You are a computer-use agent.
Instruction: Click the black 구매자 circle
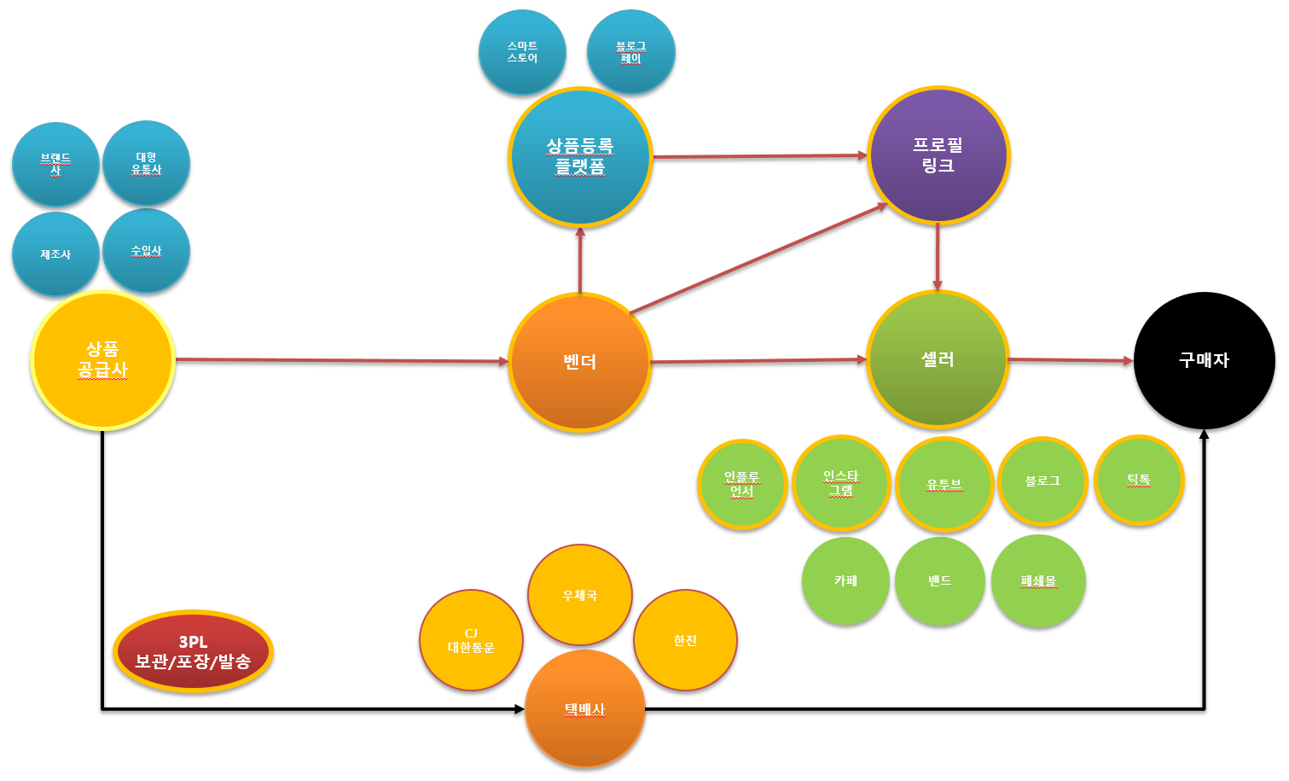tap(1204, 360)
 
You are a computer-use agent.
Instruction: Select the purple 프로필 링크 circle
tap(938, 155)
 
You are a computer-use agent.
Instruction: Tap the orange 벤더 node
tap(580, 362)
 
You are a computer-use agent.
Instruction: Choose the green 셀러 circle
tap(938, 359)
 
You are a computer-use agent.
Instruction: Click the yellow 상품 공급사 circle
tap(102, 359)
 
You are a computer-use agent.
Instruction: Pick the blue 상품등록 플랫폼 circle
tap(580, 156)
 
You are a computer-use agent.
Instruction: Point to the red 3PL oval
tap(193, 651)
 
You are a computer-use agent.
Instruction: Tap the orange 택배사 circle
tap(584, 709)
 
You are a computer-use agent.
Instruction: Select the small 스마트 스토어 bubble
tap(522, 52)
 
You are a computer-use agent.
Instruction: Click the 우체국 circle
tap(580, 595)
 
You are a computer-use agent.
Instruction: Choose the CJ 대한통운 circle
tap(471, 640)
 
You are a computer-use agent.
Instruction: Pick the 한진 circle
tap(685, 640)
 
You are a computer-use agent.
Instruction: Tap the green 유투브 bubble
tap(944, 484)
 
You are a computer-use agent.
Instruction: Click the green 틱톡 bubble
tap(1139, 480)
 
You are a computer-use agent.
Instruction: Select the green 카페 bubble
tap(845, 580)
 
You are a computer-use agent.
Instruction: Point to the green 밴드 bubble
tap(940, 580)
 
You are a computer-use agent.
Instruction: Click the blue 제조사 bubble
tap(55, 254)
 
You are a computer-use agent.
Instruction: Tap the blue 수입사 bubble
tap(146, 251)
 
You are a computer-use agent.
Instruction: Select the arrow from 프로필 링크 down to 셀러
tap(938, 256)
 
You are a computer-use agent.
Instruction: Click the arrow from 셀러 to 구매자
tap(1071, 360)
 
